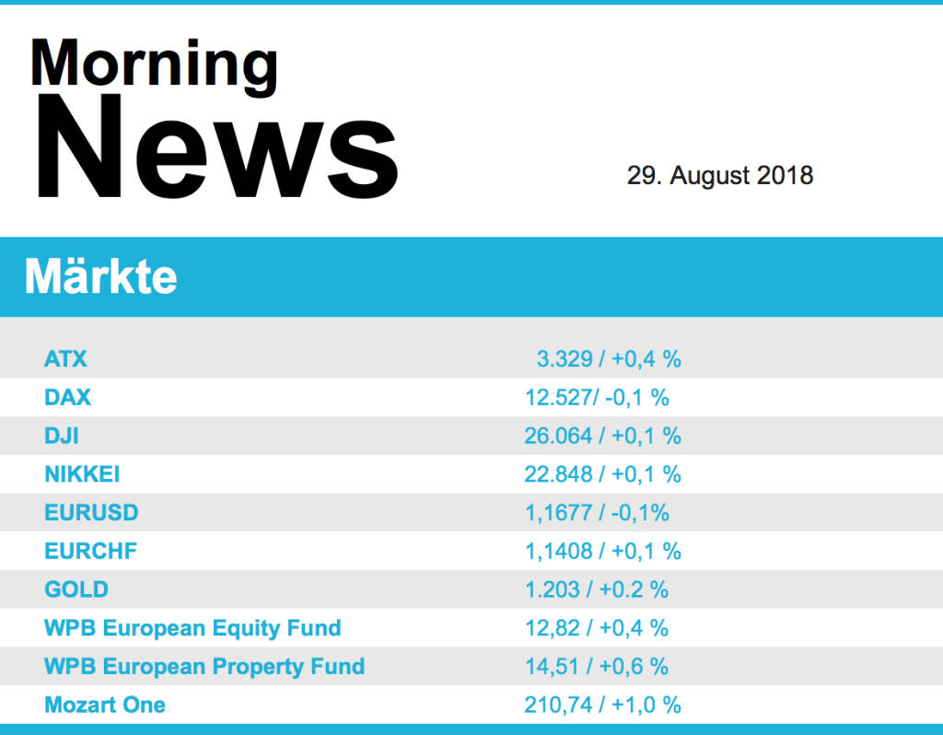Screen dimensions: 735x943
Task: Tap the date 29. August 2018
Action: (720, 175)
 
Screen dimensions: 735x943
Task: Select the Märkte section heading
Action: (101, 275)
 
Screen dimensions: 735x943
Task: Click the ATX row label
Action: (65, 359)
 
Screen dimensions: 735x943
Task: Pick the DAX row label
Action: (68, 398)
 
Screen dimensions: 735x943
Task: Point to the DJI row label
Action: (62, 436)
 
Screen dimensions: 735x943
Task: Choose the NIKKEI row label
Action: (82, 474)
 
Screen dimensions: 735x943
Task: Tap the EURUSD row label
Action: (91, 513)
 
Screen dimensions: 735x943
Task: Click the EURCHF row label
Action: (91, 552)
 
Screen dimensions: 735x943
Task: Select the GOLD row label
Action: (76, 589)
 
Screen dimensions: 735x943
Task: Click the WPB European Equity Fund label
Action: (192, 628)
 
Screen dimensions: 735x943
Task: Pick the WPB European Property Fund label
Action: (204, 667)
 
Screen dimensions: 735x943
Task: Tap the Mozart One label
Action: (105, 706)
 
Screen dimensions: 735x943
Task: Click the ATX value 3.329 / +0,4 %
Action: (609, 359)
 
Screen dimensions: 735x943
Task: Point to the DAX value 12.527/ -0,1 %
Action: (597, 398)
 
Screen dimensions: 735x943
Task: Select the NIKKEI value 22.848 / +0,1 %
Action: (602, 474)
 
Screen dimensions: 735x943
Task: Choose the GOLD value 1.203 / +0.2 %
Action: (597, 589)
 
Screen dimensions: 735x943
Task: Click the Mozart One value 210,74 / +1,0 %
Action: (602, 706)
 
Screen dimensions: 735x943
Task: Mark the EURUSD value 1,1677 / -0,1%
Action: (597, 513)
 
